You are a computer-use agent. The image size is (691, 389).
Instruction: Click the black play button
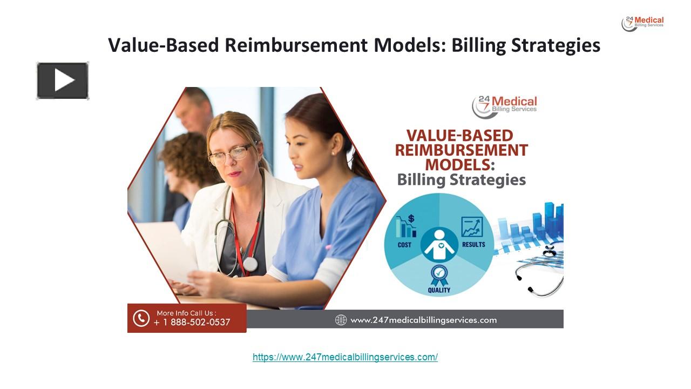[63, 81]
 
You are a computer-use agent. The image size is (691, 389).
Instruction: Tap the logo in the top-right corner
[642, 23]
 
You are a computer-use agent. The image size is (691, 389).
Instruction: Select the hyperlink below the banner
[345, 357]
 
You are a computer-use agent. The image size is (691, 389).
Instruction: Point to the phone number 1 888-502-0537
[192, 323]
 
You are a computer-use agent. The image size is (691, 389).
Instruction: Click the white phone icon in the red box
[141, 318]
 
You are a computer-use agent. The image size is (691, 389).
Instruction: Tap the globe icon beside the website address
[341, 320]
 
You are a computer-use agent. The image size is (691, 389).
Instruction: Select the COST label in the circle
[404, 245]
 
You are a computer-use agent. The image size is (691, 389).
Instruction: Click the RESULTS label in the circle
[473, 245]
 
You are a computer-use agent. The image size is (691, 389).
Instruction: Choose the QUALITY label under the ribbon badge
[439, 290]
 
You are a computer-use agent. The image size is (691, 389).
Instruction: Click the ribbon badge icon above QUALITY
[439, 274]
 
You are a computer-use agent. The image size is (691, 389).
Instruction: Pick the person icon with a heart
[439, 246]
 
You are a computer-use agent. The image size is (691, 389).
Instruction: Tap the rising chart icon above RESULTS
[472, 227]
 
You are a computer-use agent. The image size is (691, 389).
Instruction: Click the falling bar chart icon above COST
[405, 226]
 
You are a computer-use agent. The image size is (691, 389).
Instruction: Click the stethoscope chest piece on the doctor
[250, 264]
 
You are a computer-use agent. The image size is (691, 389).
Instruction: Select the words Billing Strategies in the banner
[461, 179]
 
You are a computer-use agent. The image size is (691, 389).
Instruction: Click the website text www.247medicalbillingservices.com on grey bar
[423, 320]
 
